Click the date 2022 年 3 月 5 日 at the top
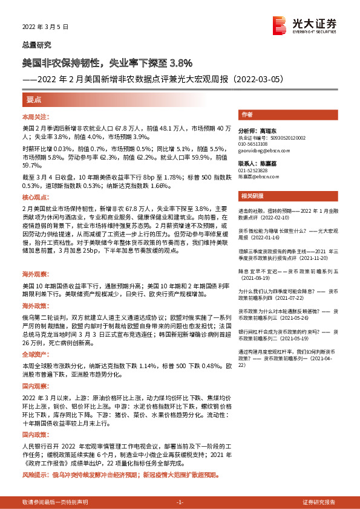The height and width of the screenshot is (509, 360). point(46,27)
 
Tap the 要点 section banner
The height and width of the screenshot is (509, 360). point(34,99)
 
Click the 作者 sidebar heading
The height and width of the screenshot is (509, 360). point(246,114)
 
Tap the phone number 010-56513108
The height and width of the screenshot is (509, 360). point(257,144)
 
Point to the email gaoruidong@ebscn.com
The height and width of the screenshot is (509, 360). point(265,151)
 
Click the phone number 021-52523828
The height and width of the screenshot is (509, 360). point(257,170)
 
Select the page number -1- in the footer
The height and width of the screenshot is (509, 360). point(179,502)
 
